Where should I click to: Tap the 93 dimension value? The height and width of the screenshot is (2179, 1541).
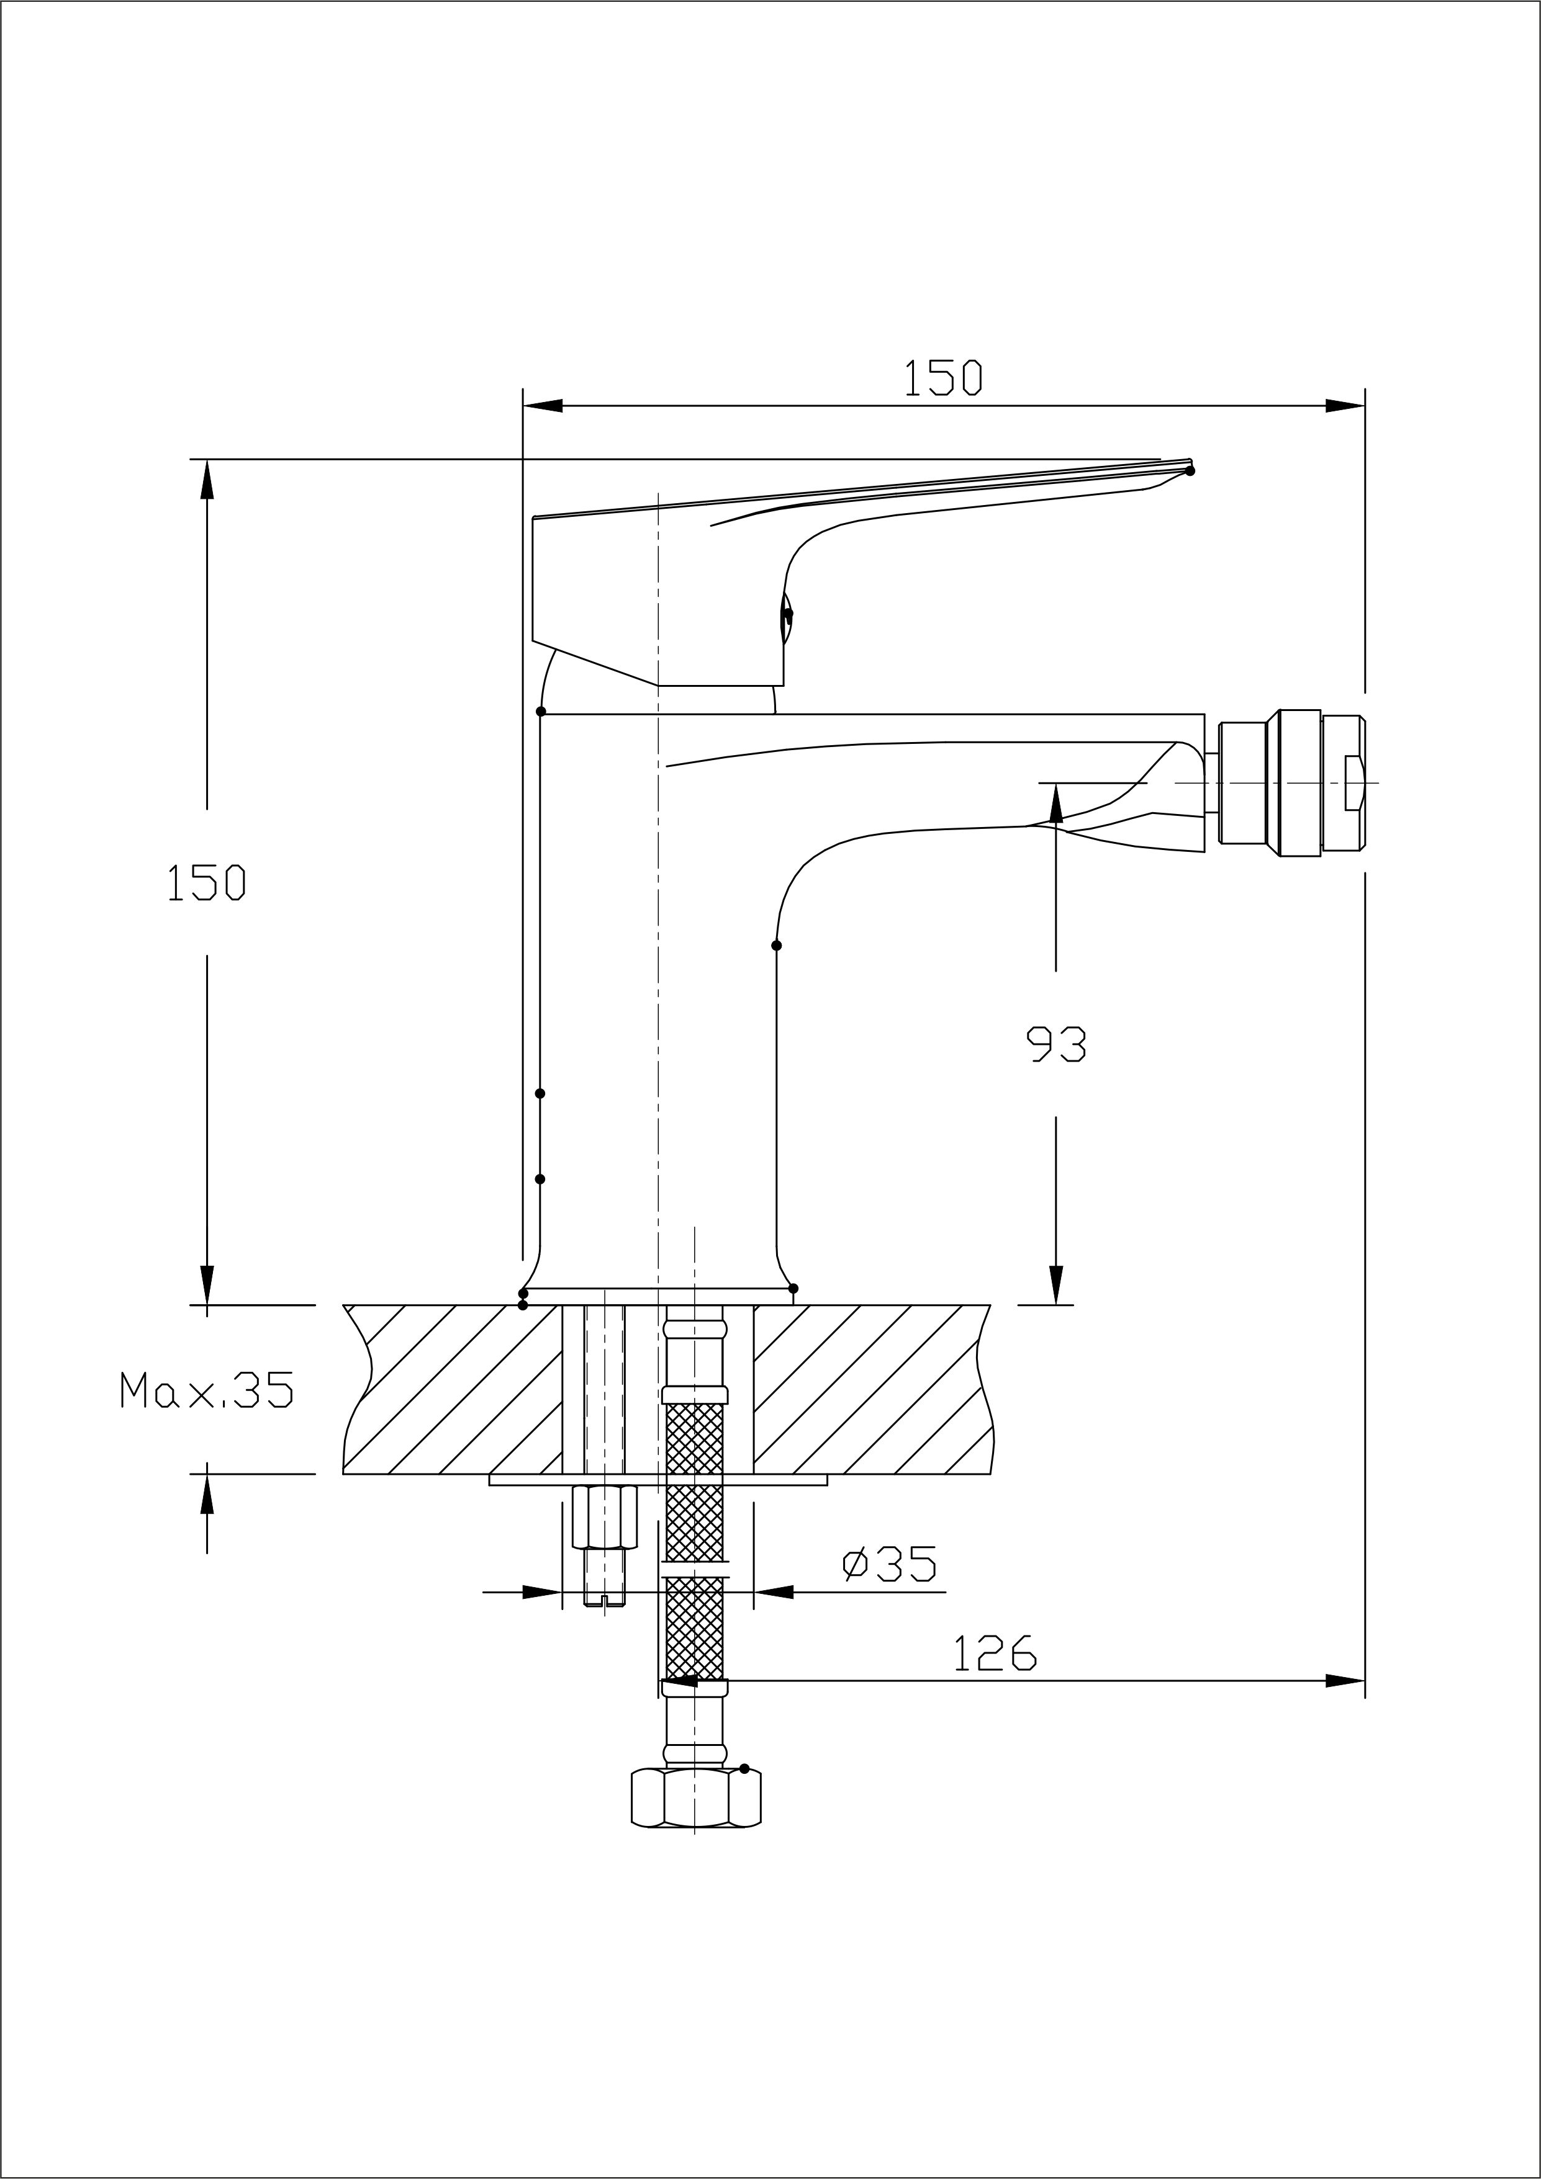(1057, 1045)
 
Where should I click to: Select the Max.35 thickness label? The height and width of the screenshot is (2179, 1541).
(206, 1390)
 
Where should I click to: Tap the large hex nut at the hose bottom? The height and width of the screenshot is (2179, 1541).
(696, 1797)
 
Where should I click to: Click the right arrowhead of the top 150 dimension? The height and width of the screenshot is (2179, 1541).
(1345, 407)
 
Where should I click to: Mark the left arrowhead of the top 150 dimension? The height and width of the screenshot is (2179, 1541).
(543, 407)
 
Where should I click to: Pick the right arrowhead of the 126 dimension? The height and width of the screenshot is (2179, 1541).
(1345, 1681)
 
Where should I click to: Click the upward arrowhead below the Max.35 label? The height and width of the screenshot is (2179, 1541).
(207, 1494)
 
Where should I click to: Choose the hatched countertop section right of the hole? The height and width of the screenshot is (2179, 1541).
(869, 1389)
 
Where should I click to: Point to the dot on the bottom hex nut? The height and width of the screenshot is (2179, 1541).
(744, 1768)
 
